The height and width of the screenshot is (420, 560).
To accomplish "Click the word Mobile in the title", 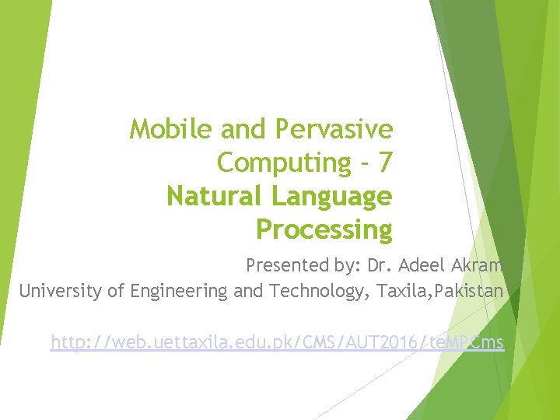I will coord(161,128).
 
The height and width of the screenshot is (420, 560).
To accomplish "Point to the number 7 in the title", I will coord(383,163).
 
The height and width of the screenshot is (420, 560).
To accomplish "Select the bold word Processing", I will coord(324,231).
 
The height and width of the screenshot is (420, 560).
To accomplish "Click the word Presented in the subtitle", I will coord(278,265).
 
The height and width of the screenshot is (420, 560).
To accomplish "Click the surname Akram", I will coord(477,265).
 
